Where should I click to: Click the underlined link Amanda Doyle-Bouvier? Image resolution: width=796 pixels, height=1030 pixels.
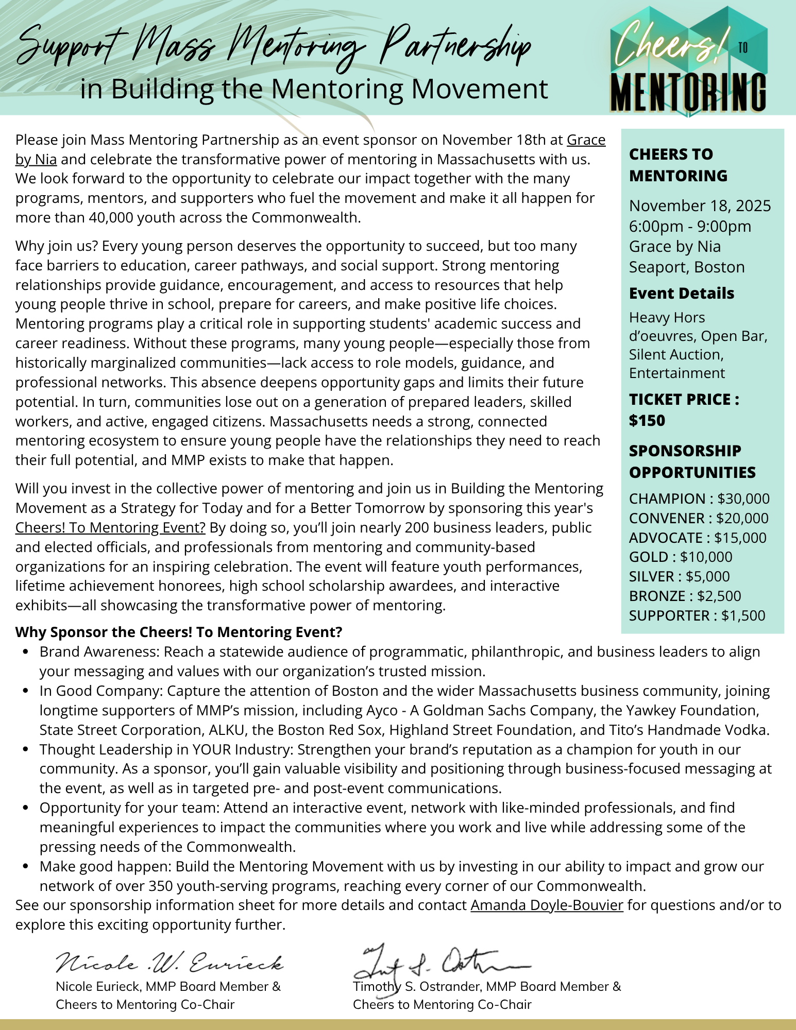[x=547, y=905]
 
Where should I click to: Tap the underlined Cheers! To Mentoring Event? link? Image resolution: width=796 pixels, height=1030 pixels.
[x=110, y=527]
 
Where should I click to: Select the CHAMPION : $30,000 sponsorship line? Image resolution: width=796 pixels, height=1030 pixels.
[x=699, y=499]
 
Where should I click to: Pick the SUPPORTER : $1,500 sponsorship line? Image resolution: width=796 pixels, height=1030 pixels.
[x=697, y=615]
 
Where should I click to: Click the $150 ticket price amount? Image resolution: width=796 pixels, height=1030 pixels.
[x=647, y=421]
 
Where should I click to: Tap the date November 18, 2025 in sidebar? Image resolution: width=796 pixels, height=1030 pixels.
[x=700, y=205]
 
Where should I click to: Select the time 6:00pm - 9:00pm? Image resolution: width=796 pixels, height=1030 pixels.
[x=690, y=226]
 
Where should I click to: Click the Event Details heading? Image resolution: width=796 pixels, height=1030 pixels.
[x=682, y=293]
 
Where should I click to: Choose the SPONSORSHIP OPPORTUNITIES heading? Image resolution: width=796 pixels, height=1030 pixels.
[x=692, y=461]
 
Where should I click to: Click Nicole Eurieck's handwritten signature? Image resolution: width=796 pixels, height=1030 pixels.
[x=170, y=962]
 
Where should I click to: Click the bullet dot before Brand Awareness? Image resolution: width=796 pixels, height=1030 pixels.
[x=26, y=652]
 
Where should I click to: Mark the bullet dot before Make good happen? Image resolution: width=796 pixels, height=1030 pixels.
[x=26, y=867]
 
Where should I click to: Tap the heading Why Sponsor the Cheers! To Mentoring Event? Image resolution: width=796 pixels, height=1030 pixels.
[x=179, y=632]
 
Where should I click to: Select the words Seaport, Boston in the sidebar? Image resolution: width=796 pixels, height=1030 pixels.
[x=687, y=267]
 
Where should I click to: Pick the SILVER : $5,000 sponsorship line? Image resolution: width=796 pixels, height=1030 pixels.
[x=679, y=576]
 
